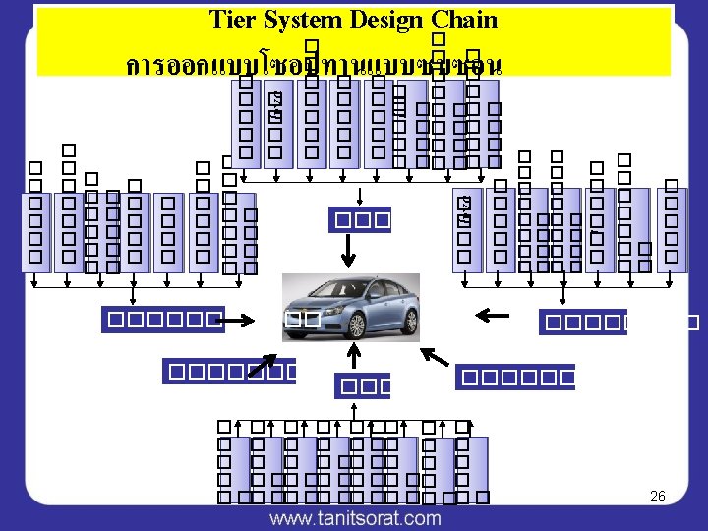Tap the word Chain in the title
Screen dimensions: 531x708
[x=466, y=20]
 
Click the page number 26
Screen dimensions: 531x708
[x=658, y=496]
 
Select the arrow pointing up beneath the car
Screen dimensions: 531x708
[x=349, y=356]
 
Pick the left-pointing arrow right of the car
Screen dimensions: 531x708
[x=492, y=315]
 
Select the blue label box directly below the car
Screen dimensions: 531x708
[x=362, y=386]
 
